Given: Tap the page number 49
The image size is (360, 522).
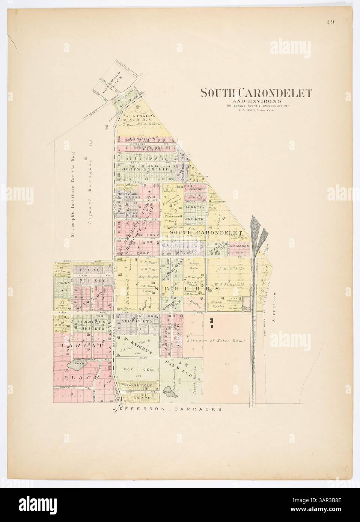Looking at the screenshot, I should [x=330, y=22].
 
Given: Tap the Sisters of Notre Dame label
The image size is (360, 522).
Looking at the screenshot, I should [x=215, y=341].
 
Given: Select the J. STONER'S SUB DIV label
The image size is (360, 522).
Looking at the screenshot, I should [x=138, y=118].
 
